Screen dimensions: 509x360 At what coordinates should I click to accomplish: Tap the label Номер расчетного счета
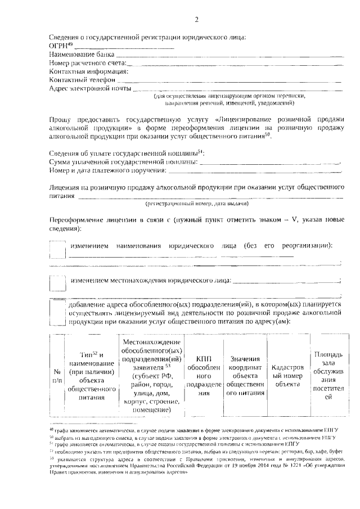[x=87, y=63]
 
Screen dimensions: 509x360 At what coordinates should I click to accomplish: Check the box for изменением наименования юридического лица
[x=57, y=249]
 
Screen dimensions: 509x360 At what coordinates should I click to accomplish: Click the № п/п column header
[x=57, y=376]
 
